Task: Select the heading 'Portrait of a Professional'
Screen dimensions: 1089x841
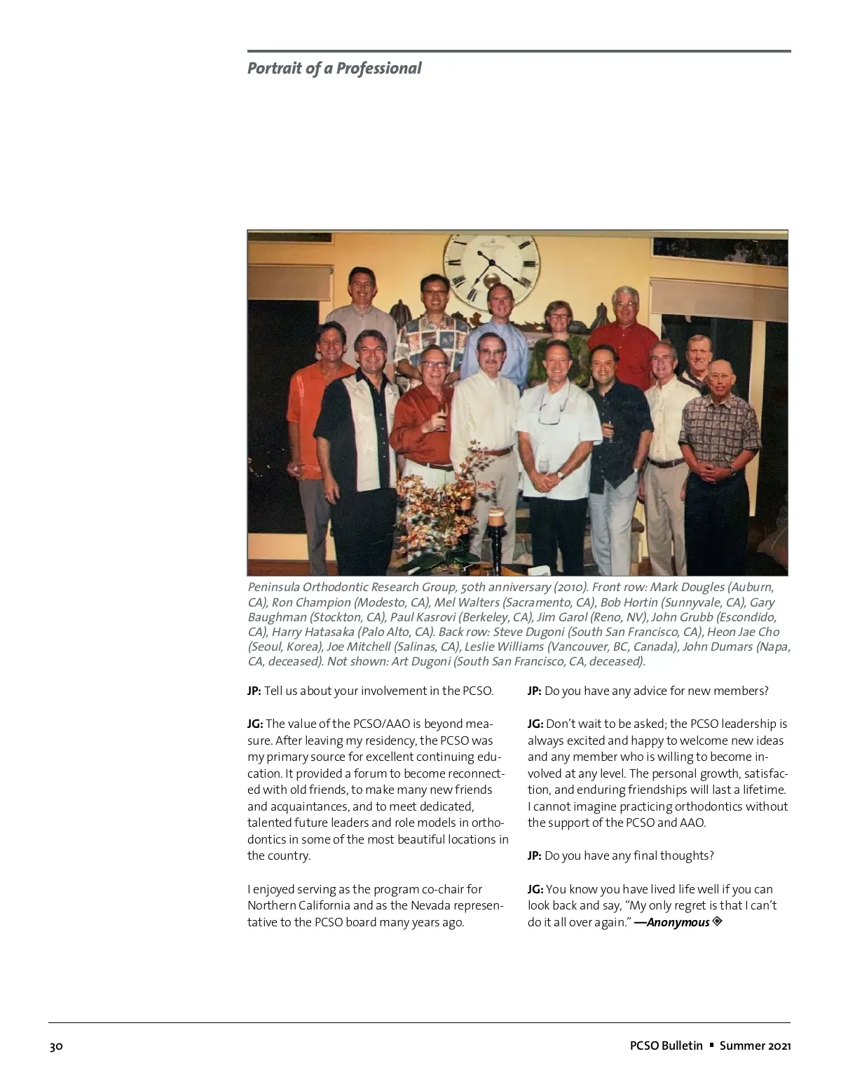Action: (334, 69)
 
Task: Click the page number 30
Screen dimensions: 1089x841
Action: (56, 1046)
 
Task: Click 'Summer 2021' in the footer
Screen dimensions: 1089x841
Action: (755, 1046)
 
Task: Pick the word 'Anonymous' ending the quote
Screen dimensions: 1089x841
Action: (678, 922)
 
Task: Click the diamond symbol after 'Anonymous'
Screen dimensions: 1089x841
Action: (717, 921)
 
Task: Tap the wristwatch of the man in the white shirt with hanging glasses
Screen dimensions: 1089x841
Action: (560, 475)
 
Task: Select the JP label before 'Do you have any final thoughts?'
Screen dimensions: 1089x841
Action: (534, 855)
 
